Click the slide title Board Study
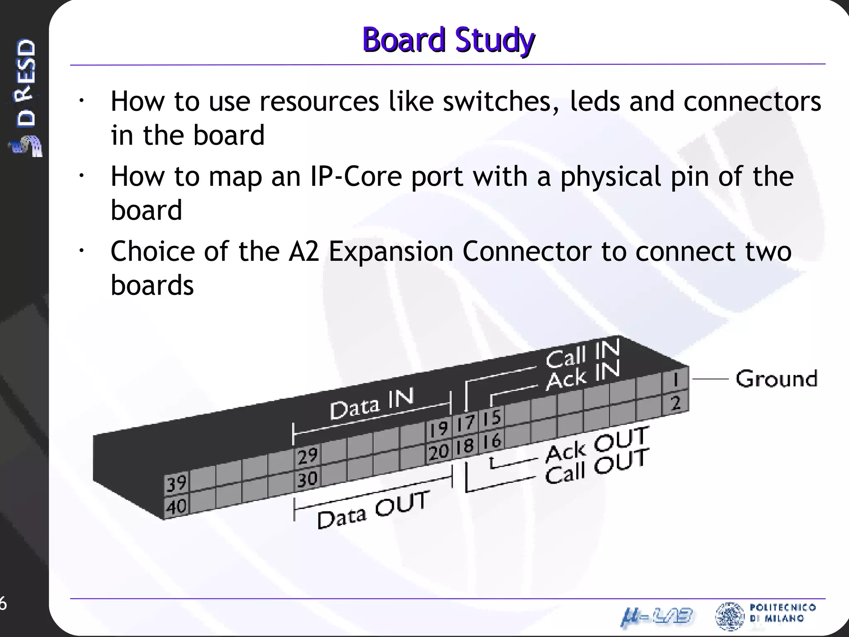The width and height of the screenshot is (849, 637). tap(449, 40)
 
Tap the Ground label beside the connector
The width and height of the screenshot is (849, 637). tap(776, 379)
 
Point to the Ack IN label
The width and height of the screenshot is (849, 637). tap(582, 376)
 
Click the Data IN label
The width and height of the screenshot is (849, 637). tap(372, 404)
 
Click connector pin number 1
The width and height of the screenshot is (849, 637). tap(675, 379)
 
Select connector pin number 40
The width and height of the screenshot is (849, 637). tap(176, 506)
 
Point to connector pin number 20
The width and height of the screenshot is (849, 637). tap(439, 452)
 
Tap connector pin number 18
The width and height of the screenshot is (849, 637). tap(465, 446)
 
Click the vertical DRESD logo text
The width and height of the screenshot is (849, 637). tap(26, 83)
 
